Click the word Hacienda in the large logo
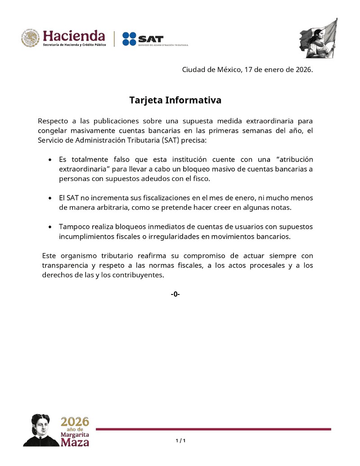point(74,36)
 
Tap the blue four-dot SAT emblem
point(129,39)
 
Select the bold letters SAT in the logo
point(151,39)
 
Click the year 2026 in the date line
point(302,70)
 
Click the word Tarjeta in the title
point(146,100)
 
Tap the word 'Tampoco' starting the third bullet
point(72,226)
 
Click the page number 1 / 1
point(180,440)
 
